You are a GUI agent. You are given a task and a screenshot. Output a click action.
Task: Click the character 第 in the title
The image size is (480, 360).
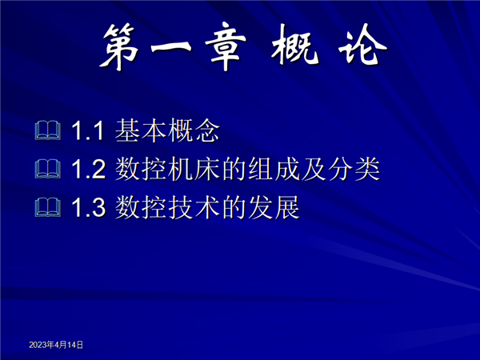(118, 46)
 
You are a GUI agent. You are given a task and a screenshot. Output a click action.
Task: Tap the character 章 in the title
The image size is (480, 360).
(226, 46)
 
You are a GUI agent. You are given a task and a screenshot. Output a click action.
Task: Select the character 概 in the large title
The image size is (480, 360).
(294, 46)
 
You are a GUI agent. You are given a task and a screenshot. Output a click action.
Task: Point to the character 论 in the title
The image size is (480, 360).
(362, 46)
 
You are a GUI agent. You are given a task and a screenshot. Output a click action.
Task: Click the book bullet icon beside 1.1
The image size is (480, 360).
(48, 130)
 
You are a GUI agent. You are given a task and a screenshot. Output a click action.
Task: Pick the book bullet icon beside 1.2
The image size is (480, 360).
(48, 169)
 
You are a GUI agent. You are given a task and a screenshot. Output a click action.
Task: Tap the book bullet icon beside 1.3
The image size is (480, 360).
(48, 207)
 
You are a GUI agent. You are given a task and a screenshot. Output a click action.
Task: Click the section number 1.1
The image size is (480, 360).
(88, 130)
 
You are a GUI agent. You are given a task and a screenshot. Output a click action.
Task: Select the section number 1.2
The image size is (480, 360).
(89, 169)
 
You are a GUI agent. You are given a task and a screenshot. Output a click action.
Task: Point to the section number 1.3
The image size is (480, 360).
(89, 207)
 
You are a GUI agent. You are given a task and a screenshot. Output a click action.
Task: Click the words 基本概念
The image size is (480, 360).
(167, 130)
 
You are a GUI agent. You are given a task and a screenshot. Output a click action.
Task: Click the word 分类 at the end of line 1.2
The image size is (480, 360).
(354, 169)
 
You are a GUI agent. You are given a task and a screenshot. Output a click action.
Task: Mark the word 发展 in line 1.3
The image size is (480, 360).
(274, 207)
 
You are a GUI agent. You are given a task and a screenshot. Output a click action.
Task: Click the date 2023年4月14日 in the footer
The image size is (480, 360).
(56, 345)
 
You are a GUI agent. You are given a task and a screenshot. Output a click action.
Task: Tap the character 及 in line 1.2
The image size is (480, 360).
(314, 169)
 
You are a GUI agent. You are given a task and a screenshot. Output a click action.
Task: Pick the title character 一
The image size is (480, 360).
(171, 47)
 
